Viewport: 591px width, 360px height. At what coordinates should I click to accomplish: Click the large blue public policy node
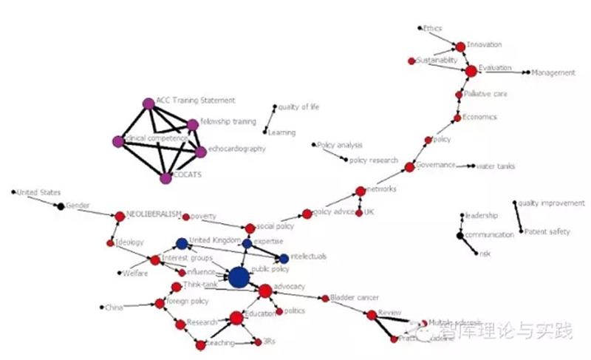pos(238,277)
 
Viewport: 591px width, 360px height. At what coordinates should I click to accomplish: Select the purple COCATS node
pos(165,177)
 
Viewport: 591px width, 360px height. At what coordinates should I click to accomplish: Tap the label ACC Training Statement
pos(195,100)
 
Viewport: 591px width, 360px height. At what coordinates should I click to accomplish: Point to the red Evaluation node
pos(471,71)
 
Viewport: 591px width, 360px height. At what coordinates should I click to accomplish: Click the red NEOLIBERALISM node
pos(120,217)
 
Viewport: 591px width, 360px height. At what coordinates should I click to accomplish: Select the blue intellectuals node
pos(284,258)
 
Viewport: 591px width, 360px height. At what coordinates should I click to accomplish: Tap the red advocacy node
pos(265,291)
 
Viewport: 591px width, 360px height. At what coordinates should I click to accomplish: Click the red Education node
pos(236,319)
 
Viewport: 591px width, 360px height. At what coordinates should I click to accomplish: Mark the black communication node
pos(460,236)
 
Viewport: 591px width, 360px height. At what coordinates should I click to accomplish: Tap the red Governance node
pos(410,167)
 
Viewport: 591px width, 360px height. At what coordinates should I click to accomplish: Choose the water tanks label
pos(496,166)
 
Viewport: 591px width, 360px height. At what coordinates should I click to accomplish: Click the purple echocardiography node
pos(200,152)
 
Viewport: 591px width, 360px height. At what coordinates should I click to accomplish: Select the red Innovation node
pos(460,47)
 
